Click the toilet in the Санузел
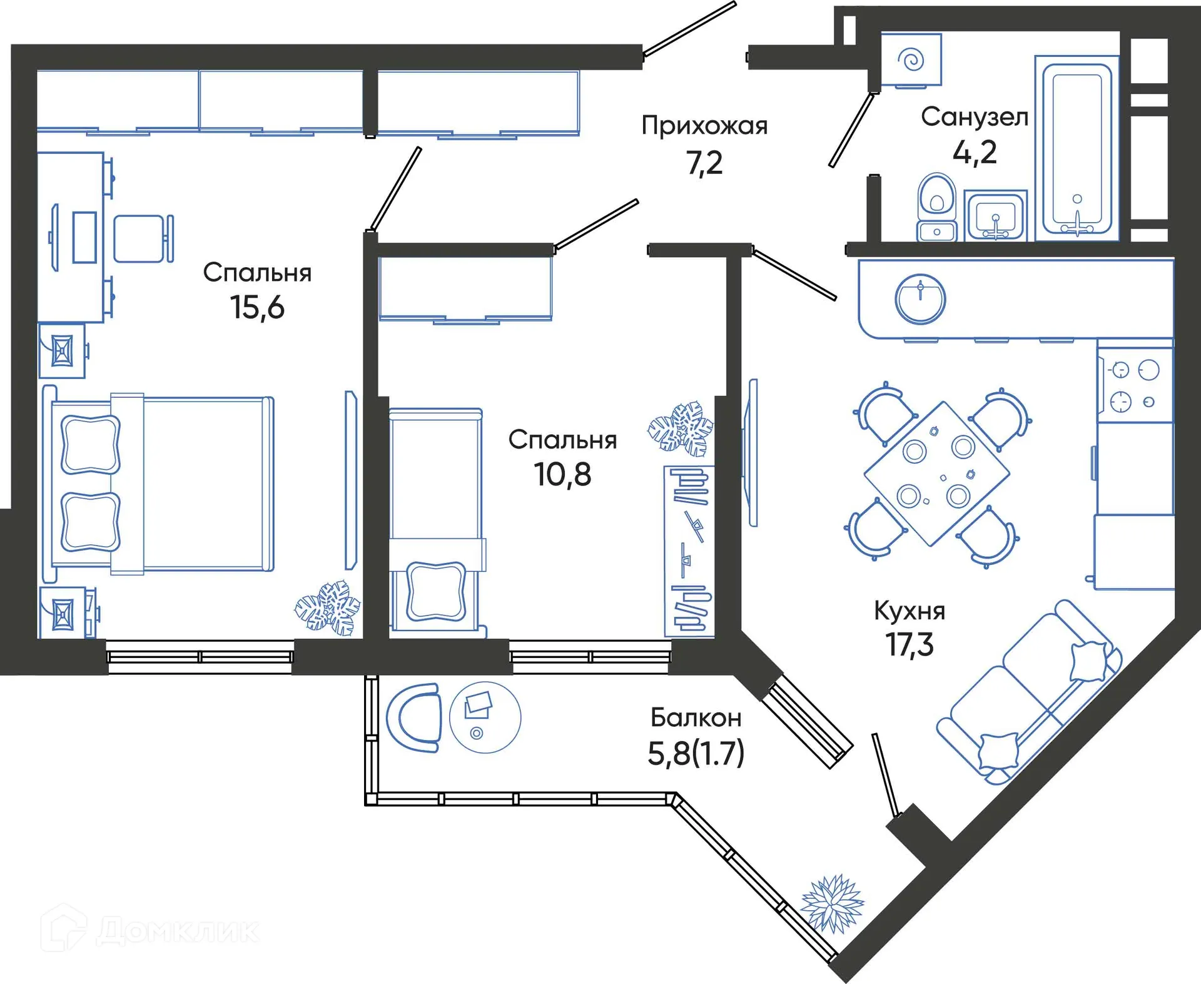click(936, 206)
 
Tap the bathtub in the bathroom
click(1077, 149)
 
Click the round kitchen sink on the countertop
click(920, 299)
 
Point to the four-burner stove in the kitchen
click(1135, 385)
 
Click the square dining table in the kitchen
click(936, 474)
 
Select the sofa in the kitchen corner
click(1030, 692)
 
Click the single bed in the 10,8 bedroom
click(435, 519)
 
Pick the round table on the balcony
click(485, 717)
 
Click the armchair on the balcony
click(414, 718)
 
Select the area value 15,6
click(257, 307)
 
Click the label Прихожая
click(704, 126)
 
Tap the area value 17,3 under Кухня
click(910, 644)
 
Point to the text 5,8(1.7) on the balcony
click(696, 753)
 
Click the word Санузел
click(974, 117)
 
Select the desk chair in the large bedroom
click(143, 238)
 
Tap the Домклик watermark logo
click(150, 930)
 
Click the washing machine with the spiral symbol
click(911, 60)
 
